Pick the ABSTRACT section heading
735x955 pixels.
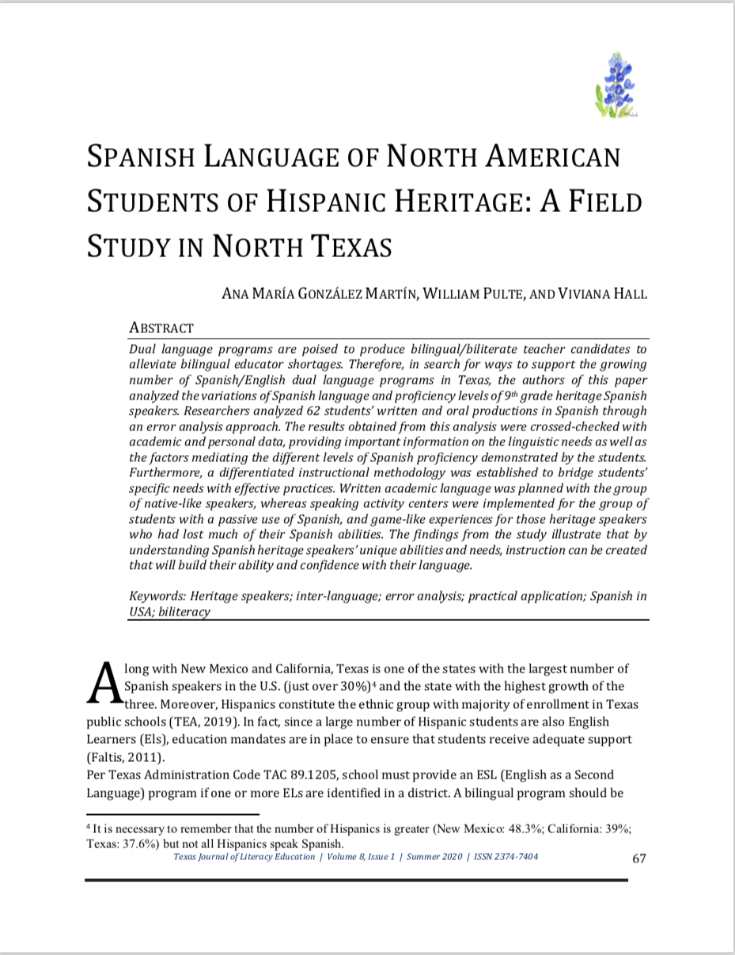161,328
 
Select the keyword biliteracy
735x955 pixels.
183,612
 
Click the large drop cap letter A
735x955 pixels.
103,684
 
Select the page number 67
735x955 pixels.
639,859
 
